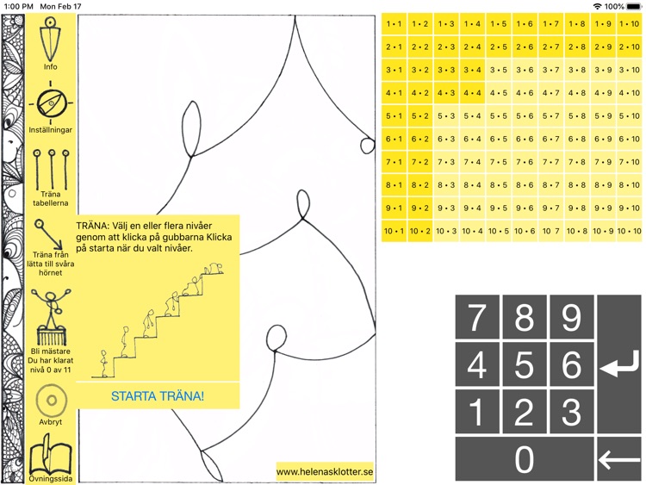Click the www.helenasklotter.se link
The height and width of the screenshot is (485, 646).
(x=325, y=472)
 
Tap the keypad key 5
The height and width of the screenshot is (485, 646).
(x=524, y=366)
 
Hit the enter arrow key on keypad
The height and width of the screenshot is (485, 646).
(x=618, y=366)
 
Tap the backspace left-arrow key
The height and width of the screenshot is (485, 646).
(x=618, y=460)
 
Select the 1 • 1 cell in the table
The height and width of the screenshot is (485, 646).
(x=394, y=24)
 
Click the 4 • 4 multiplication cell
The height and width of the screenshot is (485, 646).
(x=473, y=92)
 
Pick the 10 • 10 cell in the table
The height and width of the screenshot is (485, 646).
(x=629, y=230)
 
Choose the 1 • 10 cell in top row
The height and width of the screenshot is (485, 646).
(x=629, y=24)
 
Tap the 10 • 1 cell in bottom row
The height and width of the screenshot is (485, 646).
(x=394, y=230)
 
